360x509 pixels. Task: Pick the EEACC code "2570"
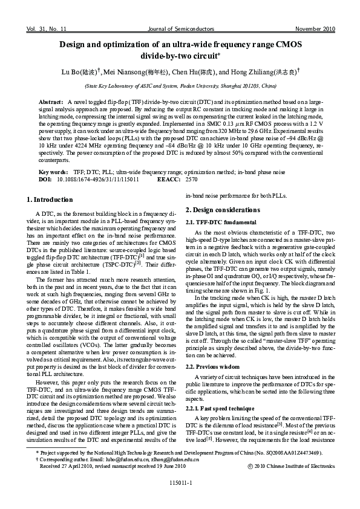tap(191, 180)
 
